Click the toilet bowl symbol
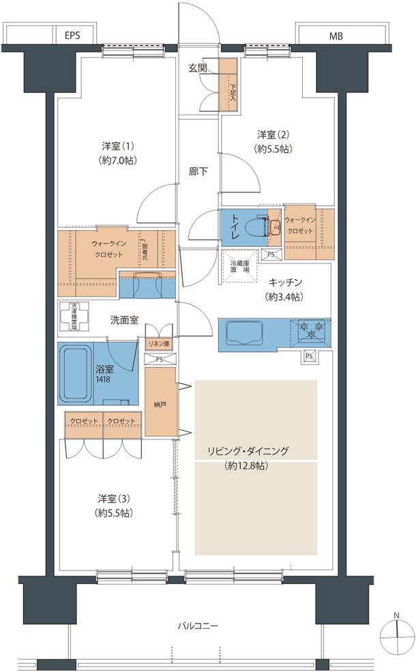click(x=261, y=225)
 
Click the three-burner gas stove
click(x=314, y=332)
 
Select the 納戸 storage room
click(x=160, y=404)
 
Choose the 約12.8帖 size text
click(x=248, y=467)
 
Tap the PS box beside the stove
click(x=309, y=355)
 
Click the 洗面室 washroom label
click(x=125, y=319)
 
